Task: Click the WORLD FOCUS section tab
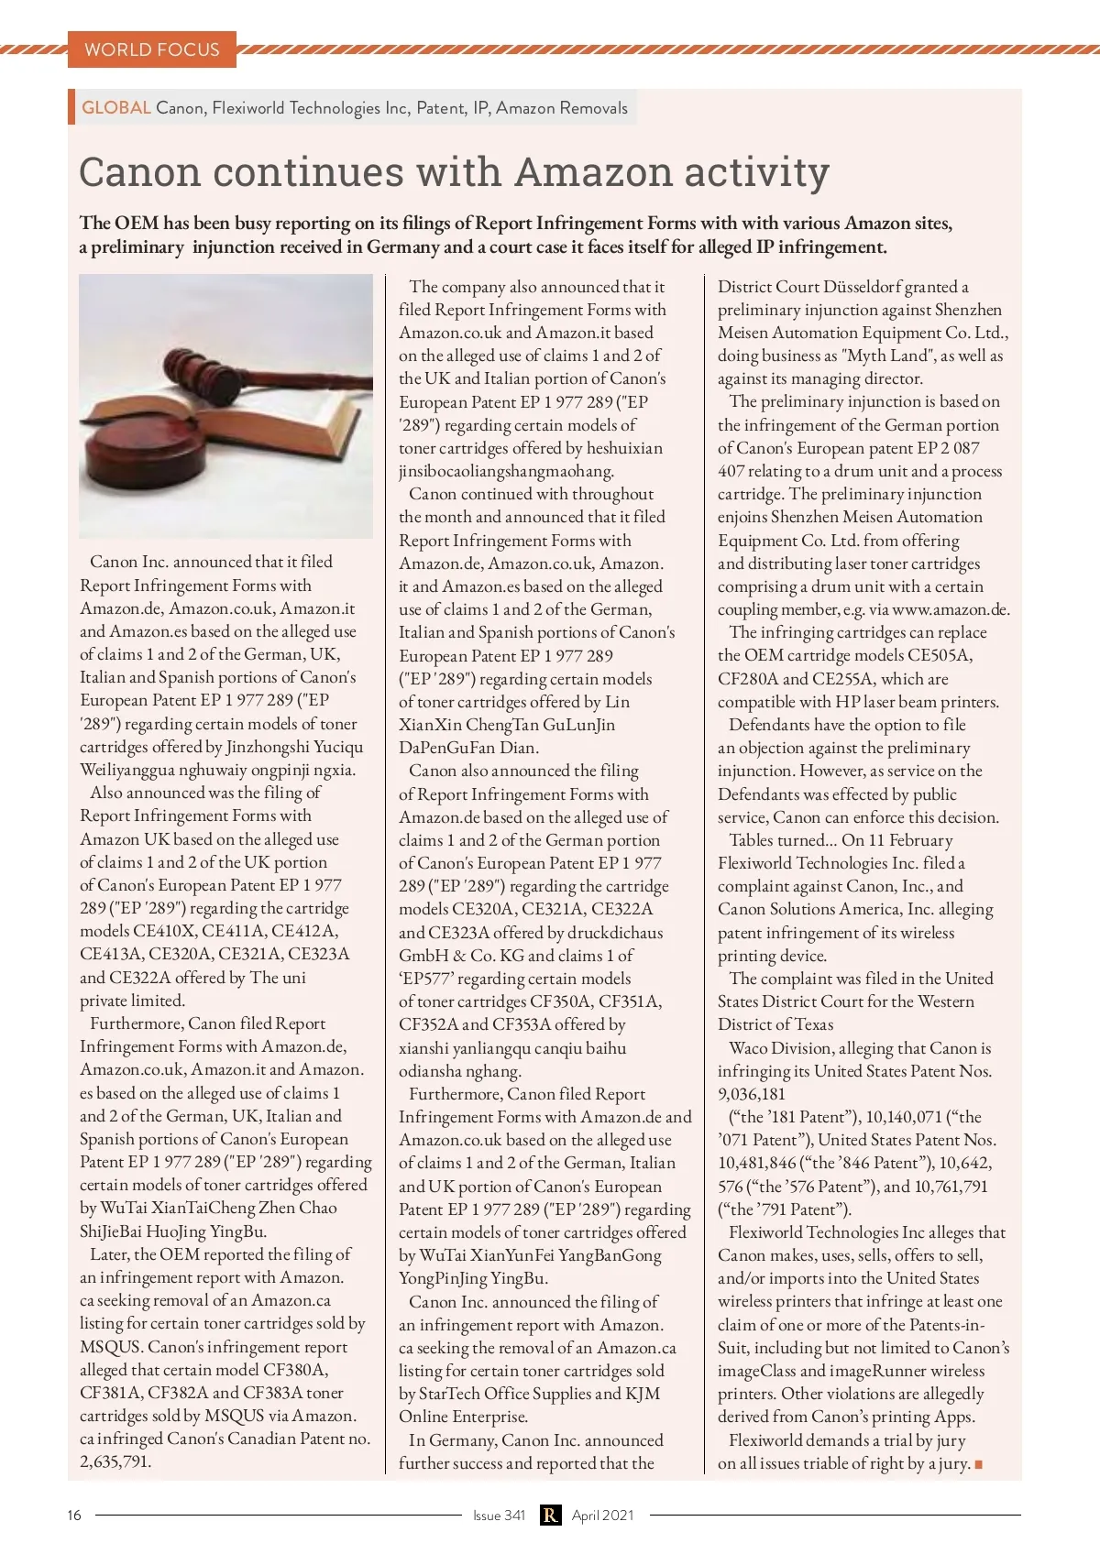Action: (152, 49)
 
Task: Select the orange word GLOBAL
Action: (116, 107)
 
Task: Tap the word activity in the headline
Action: (744, 172)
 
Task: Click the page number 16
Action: (74, 1515)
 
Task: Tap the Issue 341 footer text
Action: (499, 1515)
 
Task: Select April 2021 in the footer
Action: (602, 1515)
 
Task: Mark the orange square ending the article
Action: (978, 1464)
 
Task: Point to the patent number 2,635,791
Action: (115, 1461)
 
